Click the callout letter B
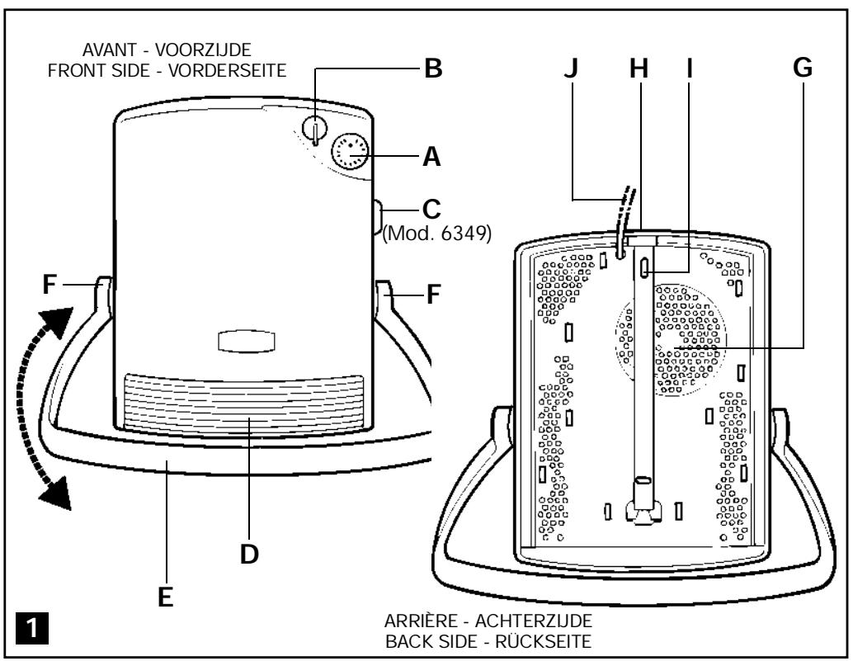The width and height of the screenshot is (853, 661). point(433,69)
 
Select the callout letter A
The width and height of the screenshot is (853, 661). point(432,157)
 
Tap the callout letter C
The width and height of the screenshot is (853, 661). point(431,210)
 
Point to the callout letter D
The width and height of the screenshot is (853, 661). point(249,555)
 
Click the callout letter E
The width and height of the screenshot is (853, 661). point(165,597)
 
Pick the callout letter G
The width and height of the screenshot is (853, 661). point(803,68)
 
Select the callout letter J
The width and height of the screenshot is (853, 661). point(571,68)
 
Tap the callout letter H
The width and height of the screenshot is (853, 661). point(639,68)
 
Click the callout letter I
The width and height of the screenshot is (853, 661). point(690,68)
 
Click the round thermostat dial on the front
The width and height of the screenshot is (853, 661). point(351,152)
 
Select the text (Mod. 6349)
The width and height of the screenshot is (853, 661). point(437,234)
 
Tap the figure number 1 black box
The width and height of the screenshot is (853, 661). point(32,628)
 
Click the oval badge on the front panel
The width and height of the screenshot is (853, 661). point(247,342)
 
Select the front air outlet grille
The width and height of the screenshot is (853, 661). point(243,403)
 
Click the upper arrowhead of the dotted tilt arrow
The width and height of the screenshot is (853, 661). point(58,322)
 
